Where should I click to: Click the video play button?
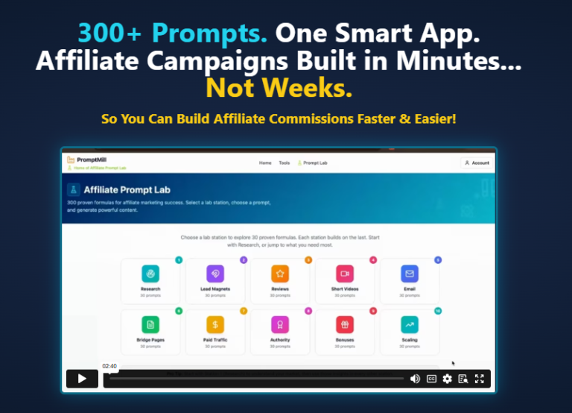point(82,379)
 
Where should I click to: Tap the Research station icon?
point(150,274)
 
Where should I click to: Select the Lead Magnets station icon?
point(215,274)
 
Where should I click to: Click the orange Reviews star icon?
point(279,274)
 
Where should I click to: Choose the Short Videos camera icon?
point(344,274)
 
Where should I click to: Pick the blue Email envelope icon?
point(410,274)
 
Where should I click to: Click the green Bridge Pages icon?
point(150,324)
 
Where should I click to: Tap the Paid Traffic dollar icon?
point(215,324)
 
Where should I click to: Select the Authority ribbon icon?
point(279,324)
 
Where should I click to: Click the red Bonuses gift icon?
point(344,324)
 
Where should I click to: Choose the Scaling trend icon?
point(410,324)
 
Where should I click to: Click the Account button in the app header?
point(476,163)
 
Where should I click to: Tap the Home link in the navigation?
point(265,163)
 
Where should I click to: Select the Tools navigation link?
point(285,163)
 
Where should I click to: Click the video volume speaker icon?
point(415,379)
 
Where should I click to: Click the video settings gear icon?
point(447,379)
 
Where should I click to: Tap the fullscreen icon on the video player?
point(480,379)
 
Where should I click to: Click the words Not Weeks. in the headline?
point(279,88)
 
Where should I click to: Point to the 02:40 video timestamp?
point(109,366)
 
